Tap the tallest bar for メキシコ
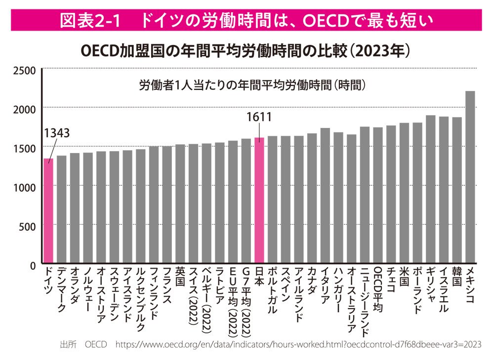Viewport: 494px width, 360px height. click(x=470, y=177)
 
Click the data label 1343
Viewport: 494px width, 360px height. click(x=56, y=133)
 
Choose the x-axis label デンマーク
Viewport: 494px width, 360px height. click(x=61, y=291)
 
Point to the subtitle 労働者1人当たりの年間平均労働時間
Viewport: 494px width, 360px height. click(x=252, y=85)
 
